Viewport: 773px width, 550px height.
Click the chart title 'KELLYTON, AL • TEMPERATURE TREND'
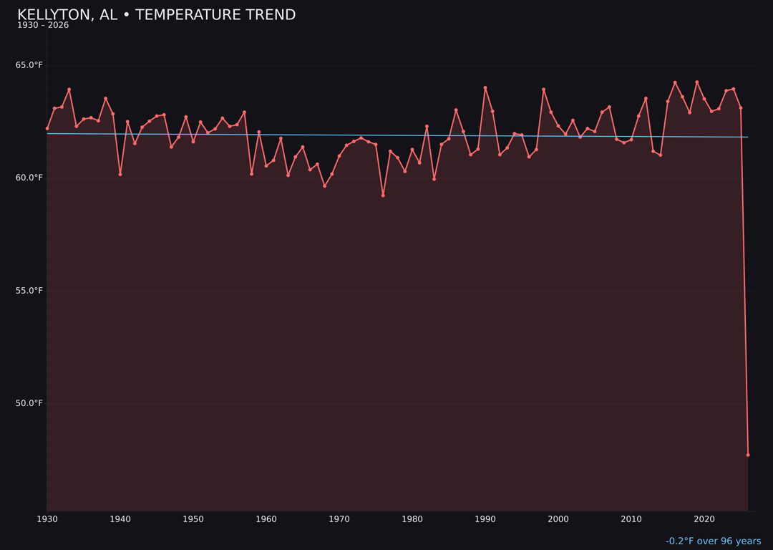click(x=156, y=15)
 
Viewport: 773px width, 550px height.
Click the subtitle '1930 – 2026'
click(x=43, y=26)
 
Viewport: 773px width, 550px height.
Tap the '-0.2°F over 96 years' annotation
click(x=713, y=541)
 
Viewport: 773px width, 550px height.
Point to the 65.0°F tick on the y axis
click(x=29, y=65)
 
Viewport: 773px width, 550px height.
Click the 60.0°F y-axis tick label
click(x=29, y=178)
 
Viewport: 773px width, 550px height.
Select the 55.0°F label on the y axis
click(x=29, y=291)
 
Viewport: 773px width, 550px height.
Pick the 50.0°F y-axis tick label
click(x=29, y=403)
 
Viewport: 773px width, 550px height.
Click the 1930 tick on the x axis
click(x=47, y=519)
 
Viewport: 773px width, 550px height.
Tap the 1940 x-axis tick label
click(x=120, y=519)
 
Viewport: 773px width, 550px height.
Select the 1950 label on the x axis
click(x=193, y=519)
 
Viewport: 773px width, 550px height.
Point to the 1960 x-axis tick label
click(x=266, y=519)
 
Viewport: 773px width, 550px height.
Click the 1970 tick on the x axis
click(x=339, y=519)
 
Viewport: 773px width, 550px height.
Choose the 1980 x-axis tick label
click(x=412, y=519)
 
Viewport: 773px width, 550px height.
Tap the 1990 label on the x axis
click(x=485, y=519)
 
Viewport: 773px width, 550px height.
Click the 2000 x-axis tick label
click(x=558, y=519)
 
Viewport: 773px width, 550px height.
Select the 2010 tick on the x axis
click(x=631, y=519)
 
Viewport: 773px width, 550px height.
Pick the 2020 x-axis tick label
click(x=704, y=519)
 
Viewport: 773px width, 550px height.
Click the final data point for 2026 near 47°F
click(x=748, y=455)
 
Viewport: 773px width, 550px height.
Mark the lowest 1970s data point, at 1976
click(x=383, y=196)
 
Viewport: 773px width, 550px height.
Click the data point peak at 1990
click(x=485, y=88)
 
